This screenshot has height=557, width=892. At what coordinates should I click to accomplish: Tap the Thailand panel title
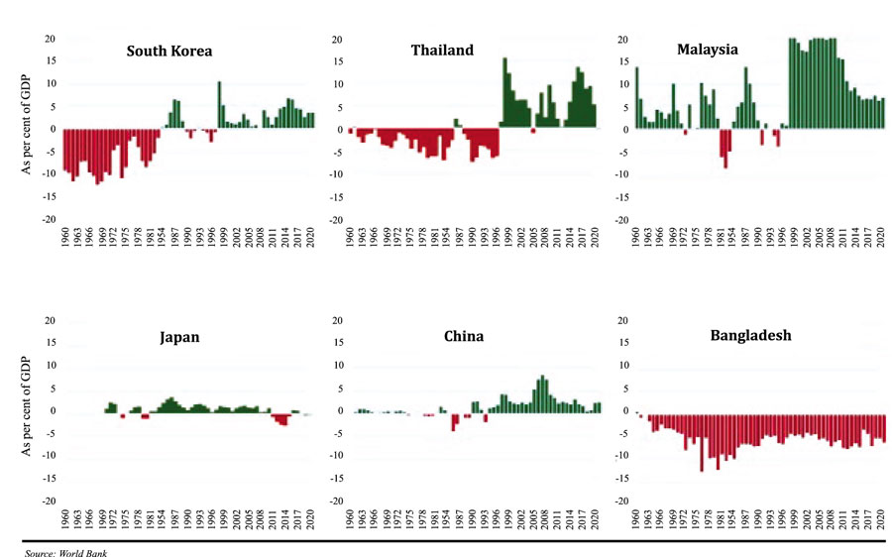442,50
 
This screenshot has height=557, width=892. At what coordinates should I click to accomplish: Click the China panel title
464,336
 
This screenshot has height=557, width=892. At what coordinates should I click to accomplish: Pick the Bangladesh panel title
750,336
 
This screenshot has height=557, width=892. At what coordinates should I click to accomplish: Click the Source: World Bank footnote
65,552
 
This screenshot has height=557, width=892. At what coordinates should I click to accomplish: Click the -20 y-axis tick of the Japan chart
47,501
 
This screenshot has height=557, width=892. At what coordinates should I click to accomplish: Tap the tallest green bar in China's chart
542,393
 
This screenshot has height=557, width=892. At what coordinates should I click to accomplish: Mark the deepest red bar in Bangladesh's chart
702,441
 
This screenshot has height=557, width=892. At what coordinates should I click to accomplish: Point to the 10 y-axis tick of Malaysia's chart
623,85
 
